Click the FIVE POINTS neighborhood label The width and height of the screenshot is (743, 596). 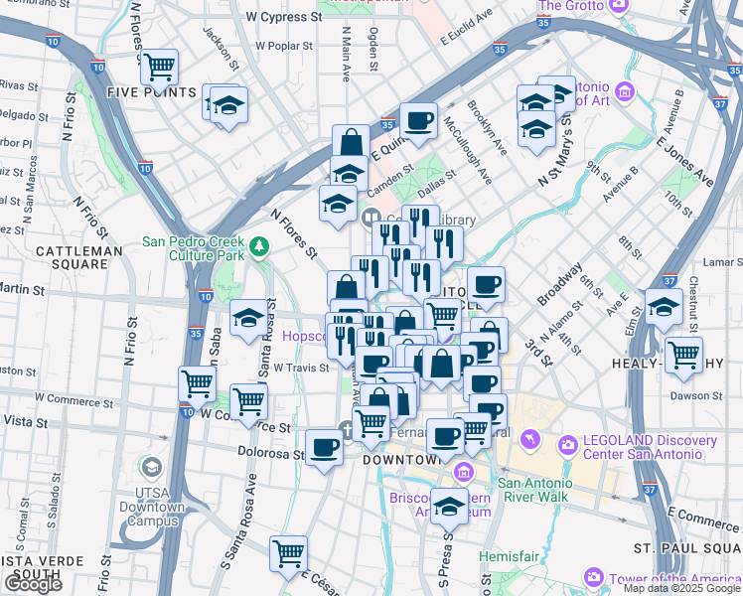152,92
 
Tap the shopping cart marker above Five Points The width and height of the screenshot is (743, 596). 159,68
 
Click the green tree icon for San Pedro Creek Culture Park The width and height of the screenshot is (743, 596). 259,244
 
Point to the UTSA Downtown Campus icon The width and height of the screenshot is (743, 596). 151,467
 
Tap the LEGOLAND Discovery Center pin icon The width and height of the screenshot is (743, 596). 567,444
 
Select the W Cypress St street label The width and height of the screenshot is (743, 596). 285,18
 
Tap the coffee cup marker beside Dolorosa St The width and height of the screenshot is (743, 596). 323,449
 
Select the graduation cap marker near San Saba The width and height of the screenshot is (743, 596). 247,318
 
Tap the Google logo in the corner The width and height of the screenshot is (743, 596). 33,584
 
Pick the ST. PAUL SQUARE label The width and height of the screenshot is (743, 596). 688,548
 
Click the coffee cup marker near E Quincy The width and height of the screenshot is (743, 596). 418,120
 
